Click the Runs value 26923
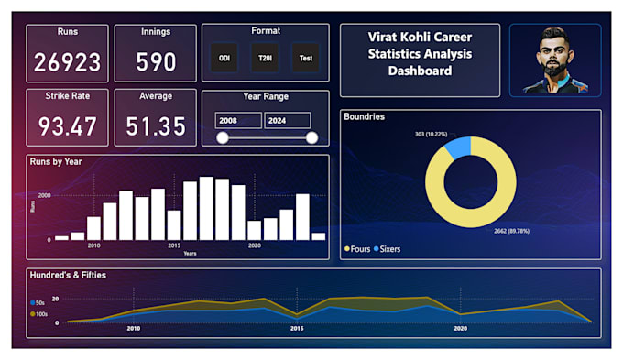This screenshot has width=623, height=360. pos(67,62)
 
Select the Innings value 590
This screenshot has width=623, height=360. pos(156,62)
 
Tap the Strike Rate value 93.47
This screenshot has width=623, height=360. pos(67,125)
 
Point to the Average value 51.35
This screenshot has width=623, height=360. pos(156,125)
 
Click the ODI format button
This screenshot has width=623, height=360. pos(224,58)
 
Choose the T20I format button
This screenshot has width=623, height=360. pos(265,58)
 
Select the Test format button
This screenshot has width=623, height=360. pos(306,58)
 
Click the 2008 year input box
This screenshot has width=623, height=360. pos(237,120)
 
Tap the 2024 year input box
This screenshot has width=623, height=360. pos(287,120)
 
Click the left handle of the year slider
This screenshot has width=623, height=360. pos(222,137)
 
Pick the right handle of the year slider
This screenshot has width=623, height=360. pos(311,137)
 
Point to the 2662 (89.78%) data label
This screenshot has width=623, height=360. pos(513,231)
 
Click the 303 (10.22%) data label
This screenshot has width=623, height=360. pos(430,134)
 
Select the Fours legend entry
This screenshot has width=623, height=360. pos(358,248)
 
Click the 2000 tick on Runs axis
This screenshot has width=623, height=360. pos(45,196)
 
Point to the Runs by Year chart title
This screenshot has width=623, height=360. pos(56,161)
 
